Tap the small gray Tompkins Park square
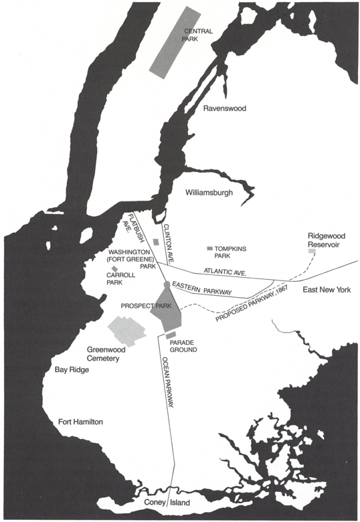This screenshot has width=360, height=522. [209, 249]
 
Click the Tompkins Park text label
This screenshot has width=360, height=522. [232, 253]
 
